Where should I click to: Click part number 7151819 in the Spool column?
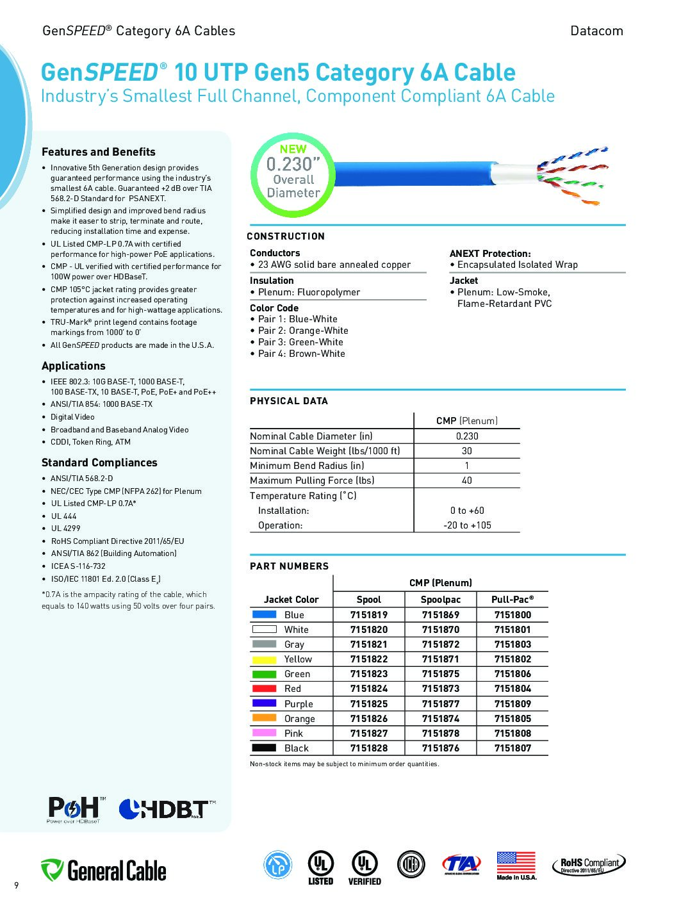point(368,614)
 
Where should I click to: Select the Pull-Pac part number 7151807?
point(512,748)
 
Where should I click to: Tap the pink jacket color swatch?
point(264,733)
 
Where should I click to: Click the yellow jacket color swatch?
point(264,659)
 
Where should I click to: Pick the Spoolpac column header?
point(440,600)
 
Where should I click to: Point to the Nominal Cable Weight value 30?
point(467,451)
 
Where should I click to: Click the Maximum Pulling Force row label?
point(312,480)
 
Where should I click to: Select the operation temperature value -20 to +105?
point(467,525)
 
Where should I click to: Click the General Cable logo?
point(104,871)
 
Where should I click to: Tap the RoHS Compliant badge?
point(589,865)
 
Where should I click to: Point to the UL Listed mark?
point(320,867)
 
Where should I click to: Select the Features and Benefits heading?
point(99,152)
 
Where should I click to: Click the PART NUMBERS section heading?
point(289,566)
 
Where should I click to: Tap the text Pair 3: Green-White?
point(300,342)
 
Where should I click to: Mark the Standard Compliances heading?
point(99,463)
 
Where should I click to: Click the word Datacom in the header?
point(596,31)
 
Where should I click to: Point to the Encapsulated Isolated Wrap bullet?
point(517,265)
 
